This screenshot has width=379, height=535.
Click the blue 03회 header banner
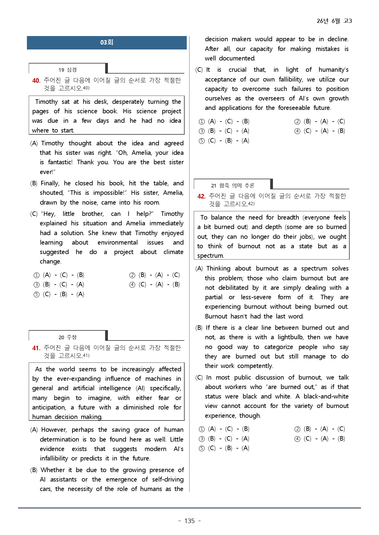point(107,42)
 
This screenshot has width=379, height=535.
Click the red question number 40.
point(36,81)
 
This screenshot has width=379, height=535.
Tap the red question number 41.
point(36,348)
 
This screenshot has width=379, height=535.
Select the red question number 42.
point(201,196)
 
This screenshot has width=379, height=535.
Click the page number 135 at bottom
point(189,521)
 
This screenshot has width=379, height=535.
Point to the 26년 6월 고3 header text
point(334,21)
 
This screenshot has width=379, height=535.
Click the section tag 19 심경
point(68,70)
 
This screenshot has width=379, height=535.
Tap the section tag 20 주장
point(68,337)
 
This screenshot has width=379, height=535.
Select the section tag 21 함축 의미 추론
point(233,186)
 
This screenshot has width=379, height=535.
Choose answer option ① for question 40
point(37,275)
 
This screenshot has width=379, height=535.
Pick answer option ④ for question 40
point(132,285)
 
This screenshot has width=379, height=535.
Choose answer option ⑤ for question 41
point(202,141)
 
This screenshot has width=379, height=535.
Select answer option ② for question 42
point(297,429)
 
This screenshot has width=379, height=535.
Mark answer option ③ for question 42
point(202,439)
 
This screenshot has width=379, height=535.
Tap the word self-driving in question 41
point(168,479)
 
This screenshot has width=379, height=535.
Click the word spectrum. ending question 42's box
point(211,256)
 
